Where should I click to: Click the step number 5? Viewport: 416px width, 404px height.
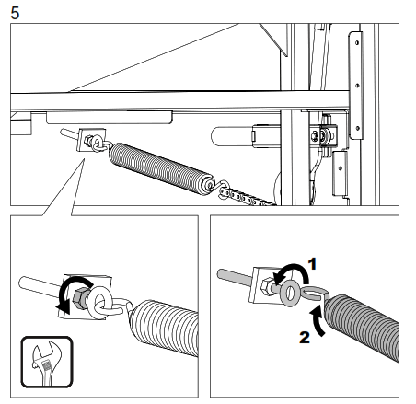pos(15,13)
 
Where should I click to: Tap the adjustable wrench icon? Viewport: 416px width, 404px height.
pos(47,362)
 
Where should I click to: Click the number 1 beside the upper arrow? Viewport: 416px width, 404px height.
pos(312,264)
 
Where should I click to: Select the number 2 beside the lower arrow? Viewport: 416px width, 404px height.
pos(305,338)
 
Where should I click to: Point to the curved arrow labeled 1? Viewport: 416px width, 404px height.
pos(295,266)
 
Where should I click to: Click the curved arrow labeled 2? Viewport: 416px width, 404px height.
pos(318,322)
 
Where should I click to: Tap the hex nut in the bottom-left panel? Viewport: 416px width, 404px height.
pos(81,297)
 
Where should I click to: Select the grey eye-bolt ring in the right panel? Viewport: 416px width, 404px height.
pos(288,293)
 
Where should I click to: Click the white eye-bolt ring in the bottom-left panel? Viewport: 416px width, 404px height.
pos(98,300)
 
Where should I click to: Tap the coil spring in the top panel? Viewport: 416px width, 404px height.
pos(162,168)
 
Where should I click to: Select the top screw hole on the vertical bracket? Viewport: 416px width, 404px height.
pos(357,42)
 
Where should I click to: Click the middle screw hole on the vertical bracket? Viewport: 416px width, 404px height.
pos(357,86)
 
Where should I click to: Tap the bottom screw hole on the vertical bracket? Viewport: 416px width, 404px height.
pos(357,128)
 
